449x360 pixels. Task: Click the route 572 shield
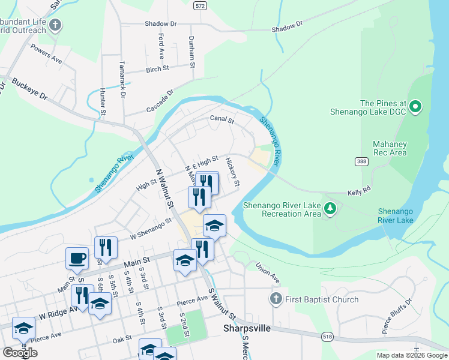click(200, 5)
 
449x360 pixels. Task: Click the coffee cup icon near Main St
click(76, 258)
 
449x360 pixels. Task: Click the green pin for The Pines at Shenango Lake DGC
click(415, 108)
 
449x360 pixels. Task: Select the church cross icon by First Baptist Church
click(276, 299)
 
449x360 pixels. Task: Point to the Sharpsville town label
click(248, 329)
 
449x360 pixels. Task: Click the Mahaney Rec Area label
click(390, 148)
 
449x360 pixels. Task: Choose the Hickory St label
click(233, 172)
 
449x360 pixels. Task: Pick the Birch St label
click(157, 70)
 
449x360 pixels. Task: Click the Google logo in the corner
click(20, 353)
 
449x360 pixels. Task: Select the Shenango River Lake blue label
click(396, 216)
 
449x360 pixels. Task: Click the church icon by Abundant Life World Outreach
click(56, 25)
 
